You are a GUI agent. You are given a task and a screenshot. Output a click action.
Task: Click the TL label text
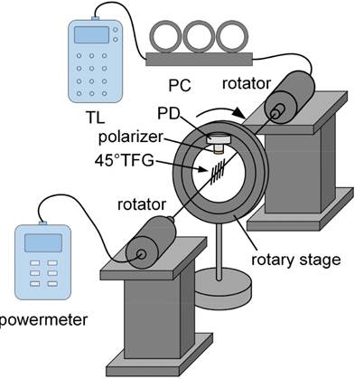tap(96, 118)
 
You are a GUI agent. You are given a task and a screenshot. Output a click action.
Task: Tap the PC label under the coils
tap(180, 85)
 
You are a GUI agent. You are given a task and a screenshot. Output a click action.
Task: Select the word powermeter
tap(44, 320)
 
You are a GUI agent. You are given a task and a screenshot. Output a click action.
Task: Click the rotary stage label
tap(296, 260)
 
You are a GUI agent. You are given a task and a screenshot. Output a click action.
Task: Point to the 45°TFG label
tap(124, 160)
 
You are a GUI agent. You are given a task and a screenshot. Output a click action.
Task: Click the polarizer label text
tap(130, 137)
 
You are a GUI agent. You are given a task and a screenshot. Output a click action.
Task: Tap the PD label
tap(168, 114)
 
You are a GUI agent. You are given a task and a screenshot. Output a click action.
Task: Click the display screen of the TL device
tap(91, 34)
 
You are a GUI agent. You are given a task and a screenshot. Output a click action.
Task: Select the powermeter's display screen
tap(43, 243)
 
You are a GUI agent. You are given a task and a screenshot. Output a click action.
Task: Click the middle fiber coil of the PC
tap(199, 36)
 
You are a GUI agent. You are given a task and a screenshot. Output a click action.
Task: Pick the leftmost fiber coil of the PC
tap(165, 36)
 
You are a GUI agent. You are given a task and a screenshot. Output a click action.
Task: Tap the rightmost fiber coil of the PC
tap(232, 36)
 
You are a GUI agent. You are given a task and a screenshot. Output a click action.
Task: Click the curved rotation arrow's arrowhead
tap(239, 113)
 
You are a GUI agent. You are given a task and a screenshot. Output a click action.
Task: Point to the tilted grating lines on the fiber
tap(218, 174)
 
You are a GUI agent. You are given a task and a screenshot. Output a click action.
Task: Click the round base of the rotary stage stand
tap(222, 289)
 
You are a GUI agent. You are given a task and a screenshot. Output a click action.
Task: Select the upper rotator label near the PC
tap(247, 83)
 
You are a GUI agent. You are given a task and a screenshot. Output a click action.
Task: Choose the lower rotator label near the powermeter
tap(142, 204)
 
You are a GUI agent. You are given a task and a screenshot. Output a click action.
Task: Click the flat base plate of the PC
tap(199, 59)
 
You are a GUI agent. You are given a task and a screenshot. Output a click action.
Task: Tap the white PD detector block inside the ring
tap(219, 138)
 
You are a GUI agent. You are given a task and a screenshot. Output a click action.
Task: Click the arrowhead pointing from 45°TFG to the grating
tap(203, 170)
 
